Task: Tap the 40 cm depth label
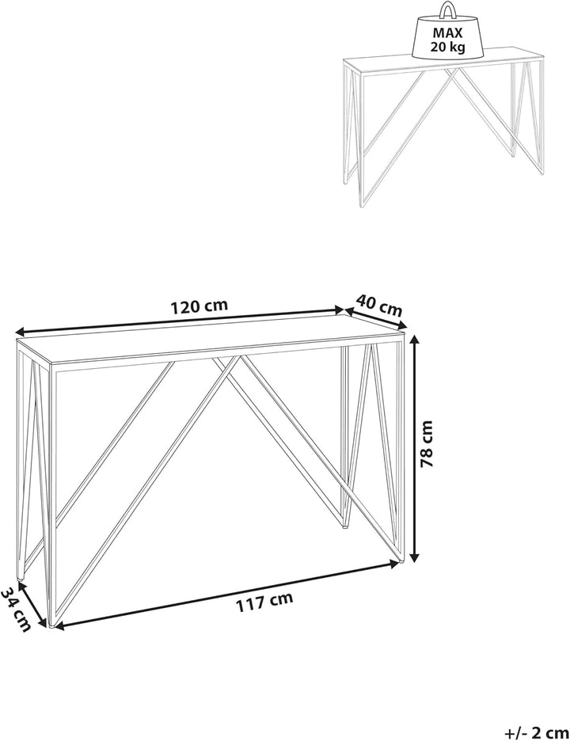(x=379, y=306)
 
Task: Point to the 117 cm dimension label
(x=264, y=601)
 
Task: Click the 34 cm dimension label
(x=16, y=610)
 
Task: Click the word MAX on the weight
(x=446, y=33)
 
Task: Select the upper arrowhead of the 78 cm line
(x=415, y=340)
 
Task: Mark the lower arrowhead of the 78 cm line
(x=415, y=557)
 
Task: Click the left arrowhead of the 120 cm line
(x=21, y=331)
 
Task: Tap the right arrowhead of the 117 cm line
(x=394, y=563)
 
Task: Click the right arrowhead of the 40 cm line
(x=401, y=325)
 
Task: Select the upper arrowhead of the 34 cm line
(x=21, y=586)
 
